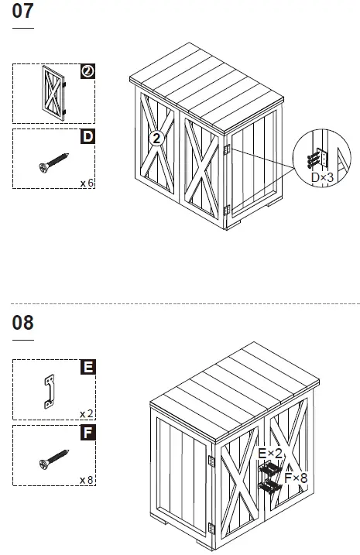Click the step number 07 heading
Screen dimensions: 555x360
(22, 13)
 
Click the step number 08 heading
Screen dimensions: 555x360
(22, 323)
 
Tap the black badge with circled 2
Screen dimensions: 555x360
(87, 71)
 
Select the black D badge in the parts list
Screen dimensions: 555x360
(87, 137)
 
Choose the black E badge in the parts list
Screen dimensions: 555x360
(87, 367)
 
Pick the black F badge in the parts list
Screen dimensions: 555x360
(87, 432)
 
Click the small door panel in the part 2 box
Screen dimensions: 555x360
(53, 92)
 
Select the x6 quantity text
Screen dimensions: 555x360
(87, 183)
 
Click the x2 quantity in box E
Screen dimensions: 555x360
(87, 413)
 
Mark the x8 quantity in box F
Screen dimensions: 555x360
(87, 480)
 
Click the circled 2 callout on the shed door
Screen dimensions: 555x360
(157, 139)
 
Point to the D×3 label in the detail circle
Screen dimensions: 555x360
(322, 177)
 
